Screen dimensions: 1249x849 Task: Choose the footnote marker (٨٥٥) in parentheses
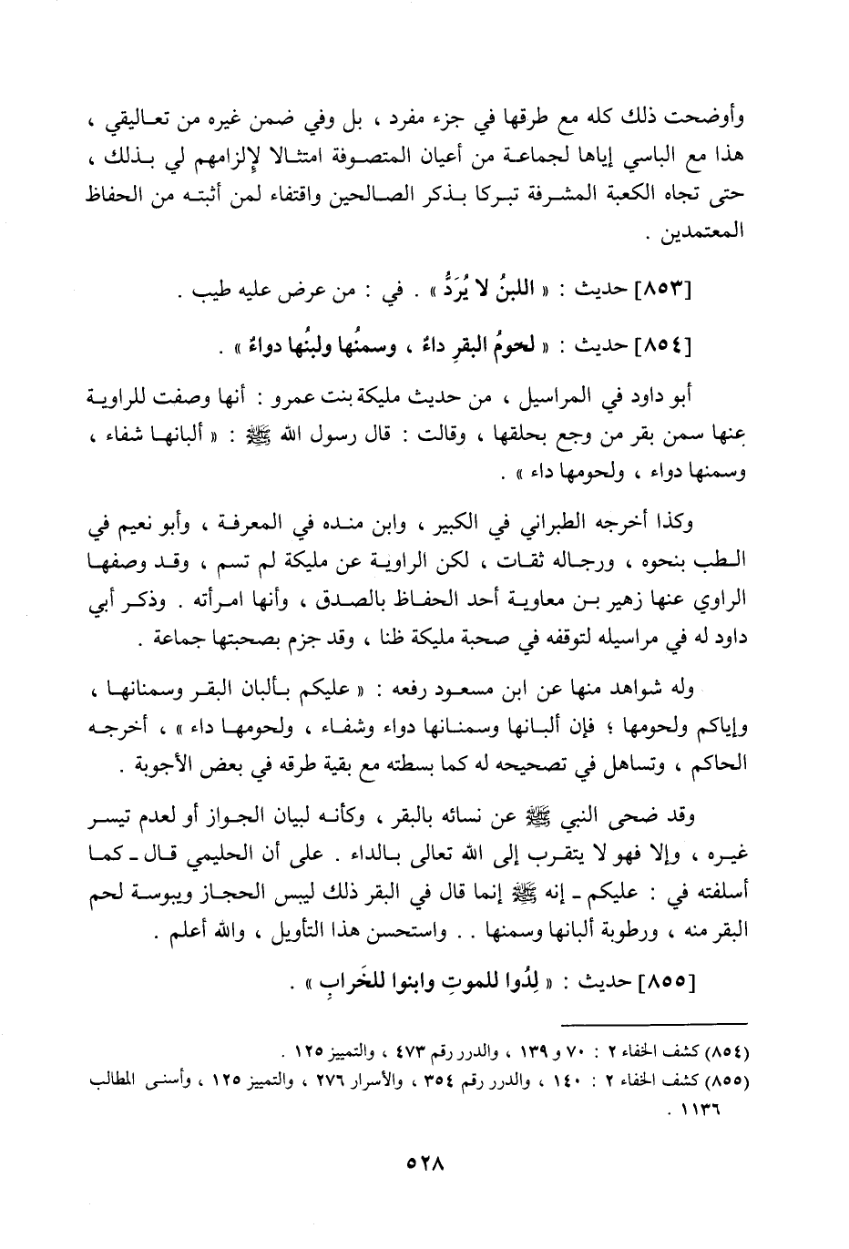coord(727,1081)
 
